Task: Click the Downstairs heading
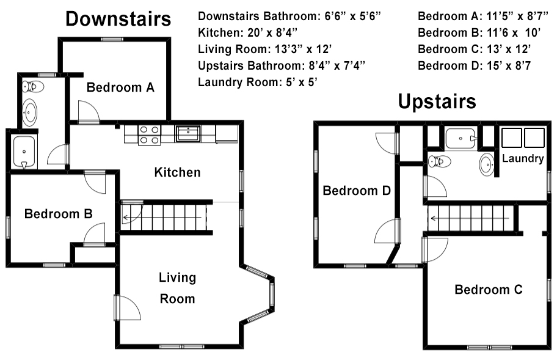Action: point(118,19)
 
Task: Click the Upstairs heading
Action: point(437,102)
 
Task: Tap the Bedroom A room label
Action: point(120,87)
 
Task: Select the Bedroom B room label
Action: point(58,214)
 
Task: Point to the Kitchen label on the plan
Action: point(177,172)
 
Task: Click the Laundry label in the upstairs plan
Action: point(523,158)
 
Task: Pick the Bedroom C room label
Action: point(489,290)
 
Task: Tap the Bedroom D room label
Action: point(357,191)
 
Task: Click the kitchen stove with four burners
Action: point(149,135)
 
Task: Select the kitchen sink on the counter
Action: point(188,134)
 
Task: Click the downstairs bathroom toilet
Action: point(33,86)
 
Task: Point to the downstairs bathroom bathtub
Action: point(24,152)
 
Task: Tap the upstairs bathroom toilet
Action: point(439,161)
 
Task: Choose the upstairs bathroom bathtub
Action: point(461,138)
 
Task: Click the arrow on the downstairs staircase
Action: point(162,218)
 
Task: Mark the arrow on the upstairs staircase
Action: point(470,218)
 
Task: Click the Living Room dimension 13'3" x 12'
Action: point(264,49)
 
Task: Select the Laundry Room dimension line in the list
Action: point(257,82)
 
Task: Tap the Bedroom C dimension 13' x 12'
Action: point(474,49)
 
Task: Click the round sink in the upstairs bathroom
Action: point(486,165)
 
